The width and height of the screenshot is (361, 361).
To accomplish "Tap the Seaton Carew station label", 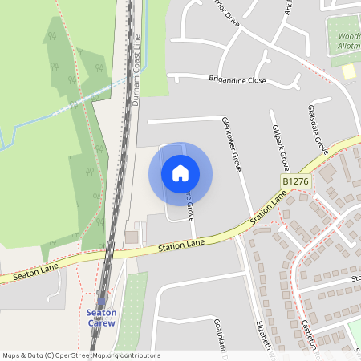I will [101, 318].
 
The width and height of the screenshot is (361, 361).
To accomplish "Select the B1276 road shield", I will [295, 182].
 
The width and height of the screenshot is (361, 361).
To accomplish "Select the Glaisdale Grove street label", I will [318, 129].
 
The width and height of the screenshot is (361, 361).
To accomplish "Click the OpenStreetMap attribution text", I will [81, 355].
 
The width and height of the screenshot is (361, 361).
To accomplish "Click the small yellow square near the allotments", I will [348, 72].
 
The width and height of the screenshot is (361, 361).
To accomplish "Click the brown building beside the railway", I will [131, 237].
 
